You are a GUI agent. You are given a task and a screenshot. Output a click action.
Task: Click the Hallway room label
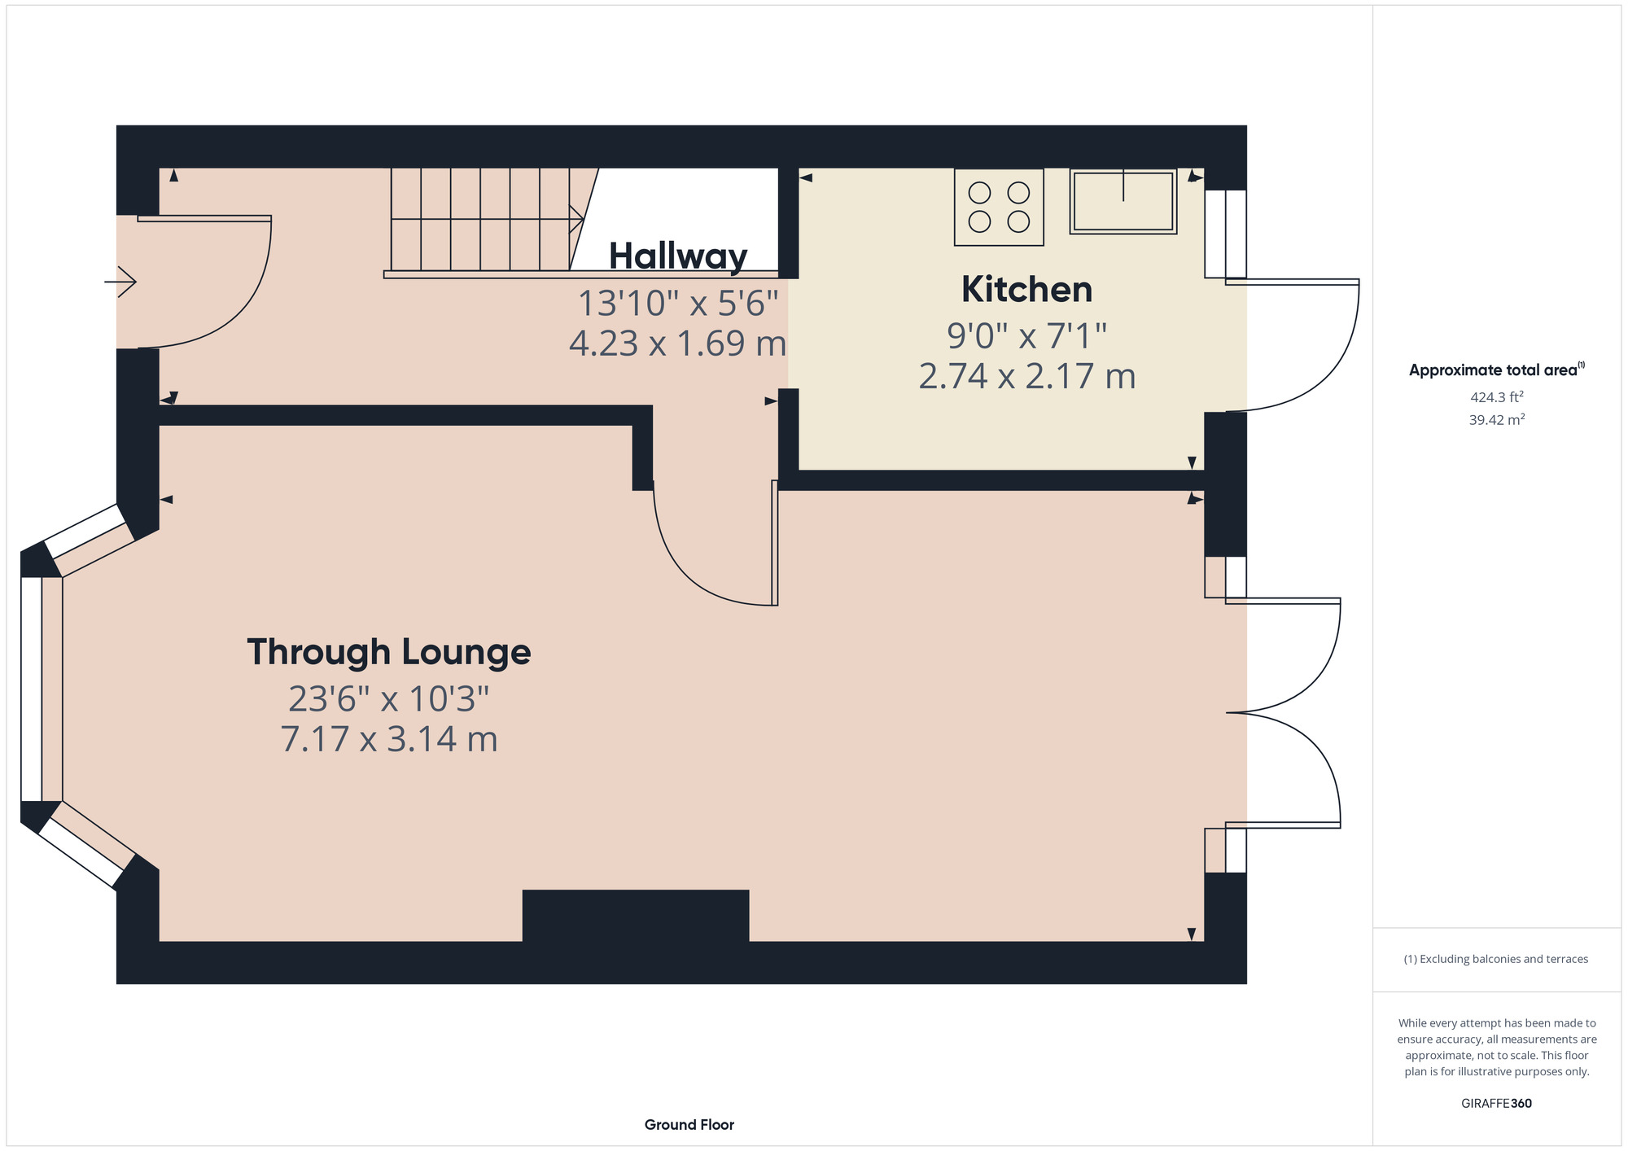coord(677,256)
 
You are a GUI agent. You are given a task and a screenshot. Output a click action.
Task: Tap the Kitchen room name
coord(1026,290)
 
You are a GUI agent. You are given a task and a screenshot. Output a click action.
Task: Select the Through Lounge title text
coord(388,652)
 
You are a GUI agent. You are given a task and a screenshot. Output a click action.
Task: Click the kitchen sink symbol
coord(1123,201)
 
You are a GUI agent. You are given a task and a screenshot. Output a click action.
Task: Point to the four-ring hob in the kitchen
coord(999,207)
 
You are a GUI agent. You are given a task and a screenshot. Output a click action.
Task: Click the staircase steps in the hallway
coord(480,219)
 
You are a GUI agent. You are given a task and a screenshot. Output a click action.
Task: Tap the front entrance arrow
coord(120,282)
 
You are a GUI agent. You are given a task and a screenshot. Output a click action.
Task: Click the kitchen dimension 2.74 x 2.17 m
coord(1026,377)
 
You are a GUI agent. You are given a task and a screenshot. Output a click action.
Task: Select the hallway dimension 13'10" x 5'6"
coord(677,304)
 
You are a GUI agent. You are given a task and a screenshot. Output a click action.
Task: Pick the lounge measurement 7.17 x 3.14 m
coord(388,739)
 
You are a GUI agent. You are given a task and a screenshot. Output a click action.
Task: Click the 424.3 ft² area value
coord(1496,397)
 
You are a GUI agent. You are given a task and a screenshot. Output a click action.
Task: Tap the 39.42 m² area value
coord(1496,420)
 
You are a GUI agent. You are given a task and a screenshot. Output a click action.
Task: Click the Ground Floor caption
coord(689,1124)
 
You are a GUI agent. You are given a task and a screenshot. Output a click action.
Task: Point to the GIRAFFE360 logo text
coord(1496,1104)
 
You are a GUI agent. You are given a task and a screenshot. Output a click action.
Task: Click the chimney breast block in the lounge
coord(635,916)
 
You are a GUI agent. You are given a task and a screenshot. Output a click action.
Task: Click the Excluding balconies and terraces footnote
coord(1496,959)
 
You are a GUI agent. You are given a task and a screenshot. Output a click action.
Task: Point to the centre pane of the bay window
coord(31,689)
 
